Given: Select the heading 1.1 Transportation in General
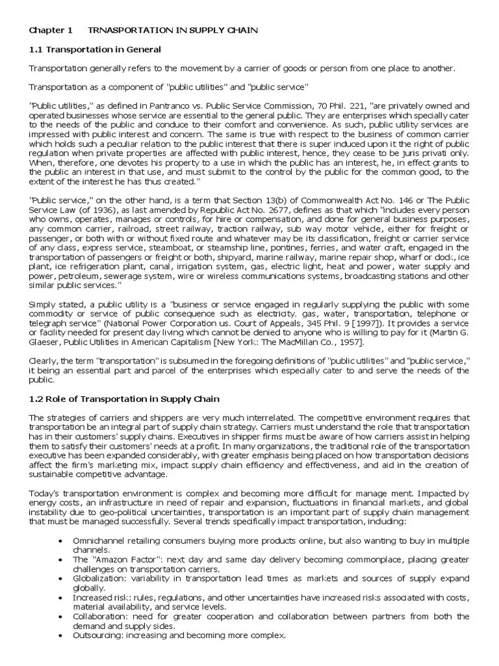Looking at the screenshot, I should (95, 49).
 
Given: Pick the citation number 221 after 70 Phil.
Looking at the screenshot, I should (349, 106).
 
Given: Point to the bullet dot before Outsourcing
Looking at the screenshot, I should (60, 635).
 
